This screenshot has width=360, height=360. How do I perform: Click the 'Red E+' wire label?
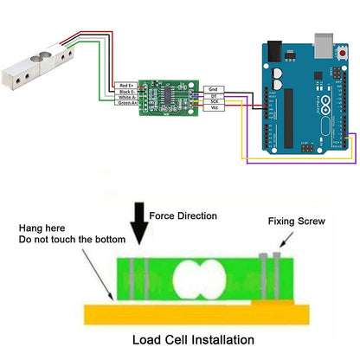click(125, 86)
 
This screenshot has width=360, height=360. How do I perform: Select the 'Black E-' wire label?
click(125, 92)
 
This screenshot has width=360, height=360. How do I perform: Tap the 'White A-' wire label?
click(125, 98)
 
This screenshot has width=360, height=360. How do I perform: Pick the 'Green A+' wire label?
click(125, 104)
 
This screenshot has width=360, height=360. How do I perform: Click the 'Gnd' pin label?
click(214, 89)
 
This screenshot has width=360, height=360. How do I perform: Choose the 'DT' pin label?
click(214, 95)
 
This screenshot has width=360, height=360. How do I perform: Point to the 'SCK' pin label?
click(214, 101)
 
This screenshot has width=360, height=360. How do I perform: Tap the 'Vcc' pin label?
click(214, 108)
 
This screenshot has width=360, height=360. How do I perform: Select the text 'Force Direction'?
click(183, 215)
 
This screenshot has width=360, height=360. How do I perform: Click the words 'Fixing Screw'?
click(297, 222)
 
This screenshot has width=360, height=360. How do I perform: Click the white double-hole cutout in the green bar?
click(199, 283)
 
